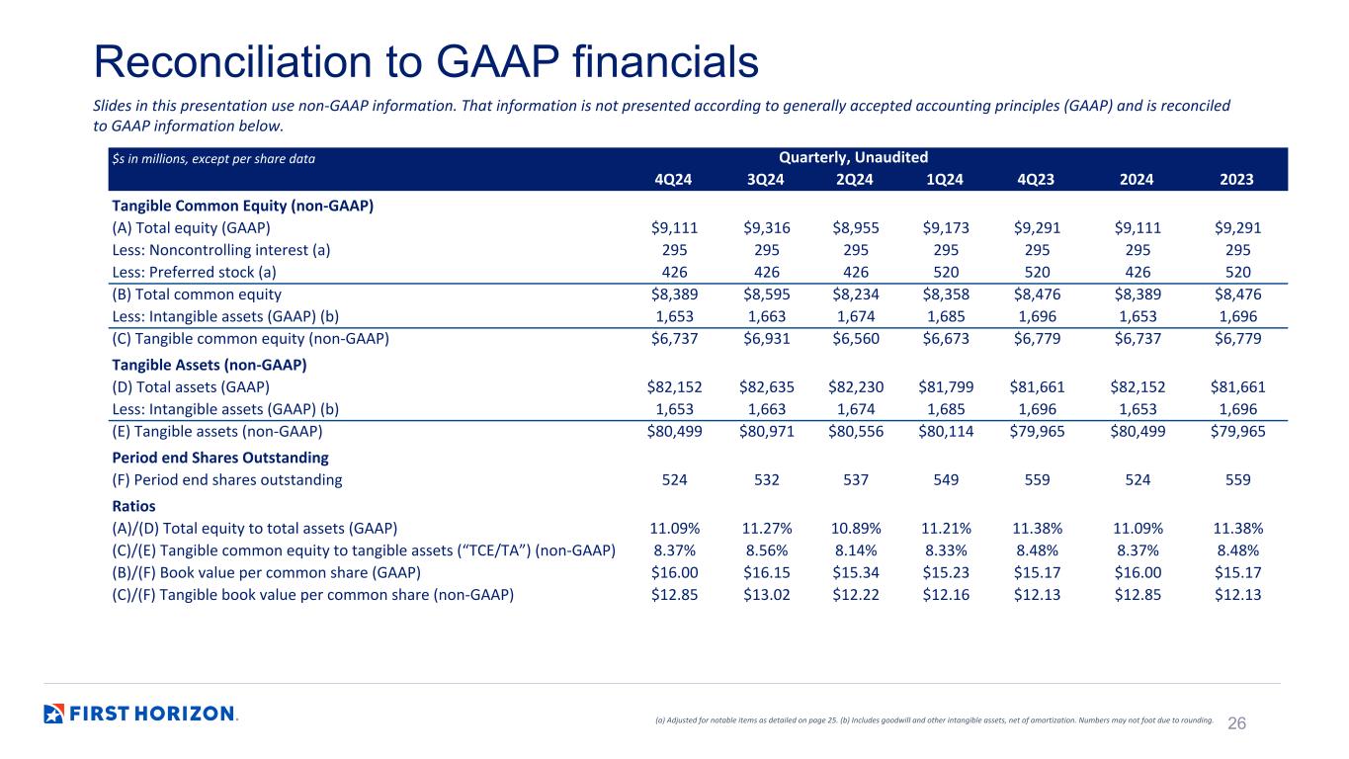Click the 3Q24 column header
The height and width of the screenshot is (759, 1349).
point(766,180)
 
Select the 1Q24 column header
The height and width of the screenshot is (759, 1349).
point(945,180)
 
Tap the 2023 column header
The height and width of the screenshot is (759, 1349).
point(1236,180)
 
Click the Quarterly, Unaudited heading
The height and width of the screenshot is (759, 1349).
point(853,157)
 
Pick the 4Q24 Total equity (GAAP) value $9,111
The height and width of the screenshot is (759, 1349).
point(674,227)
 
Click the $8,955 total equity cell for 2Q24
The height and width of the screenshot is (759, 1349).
point(855,227)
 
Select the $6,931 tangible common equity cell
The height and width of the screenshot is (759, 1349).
point(766,339)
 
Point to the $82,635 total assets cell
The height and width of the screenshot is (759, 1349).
point(766,386)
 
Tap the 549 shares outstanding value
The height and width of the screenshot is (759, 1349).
point(946,479)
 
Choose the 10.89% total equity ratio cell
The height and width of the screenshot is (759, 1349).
point(856,529)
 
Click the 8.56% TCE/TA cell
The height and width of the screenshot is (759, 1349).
point(766,550)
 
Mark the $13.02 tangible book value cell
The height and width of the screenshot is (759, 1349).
point(766,595)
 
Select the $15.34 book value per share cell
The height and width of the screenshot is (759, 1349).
point(855,572)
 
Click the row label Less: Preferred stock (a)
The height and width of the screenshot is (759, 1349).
point(194,273)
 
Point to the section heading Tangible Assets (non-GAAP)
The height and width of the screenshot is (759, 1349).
point(209,365)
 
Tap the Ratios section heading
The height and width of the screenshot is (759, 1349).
point(133,506)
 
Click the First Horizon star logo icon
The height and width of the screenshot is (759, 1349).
point(53,714)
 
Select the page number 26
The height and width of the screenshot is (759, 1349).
point(1236,723)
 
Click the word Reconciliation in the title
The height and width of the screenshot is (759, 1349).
point(232,61)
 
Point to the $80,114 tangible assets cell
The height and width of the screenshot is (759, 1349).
point(946,431)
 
